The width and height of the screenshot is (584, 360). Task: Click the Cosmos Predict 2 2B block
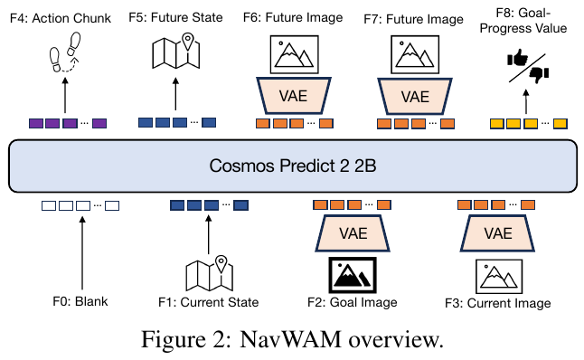pos(293,166)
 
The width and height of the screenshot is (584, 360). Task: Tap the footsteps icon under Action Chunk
pos(65,52)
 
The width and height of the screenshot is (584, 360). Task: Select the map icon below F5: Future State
pos(175,51)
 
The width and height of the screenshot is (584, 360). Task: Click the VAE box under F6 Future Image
pos(293,96)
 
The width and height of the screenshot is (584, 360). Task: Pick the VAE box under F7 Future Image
pos(415,97)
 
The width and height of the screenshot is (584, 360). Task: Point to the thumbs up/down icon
pos(528,68)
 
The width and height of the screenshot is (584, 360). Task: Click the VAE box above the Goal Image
pos(353,233)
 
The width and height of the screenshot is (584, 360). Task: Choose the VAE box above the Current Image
pos(497,233)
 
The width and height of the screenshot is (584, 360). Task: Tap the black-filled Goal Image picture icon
pos(353,275)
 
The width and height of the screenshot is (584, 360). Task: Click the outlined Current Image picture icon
pos(499,277)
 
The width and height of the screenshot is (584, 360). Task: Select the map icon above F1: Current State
pos(210,273)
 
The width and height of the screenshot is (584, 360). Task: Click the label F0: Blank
pos(80,301)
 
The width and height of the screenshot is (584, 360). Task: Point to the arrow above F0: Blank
pos(82,253)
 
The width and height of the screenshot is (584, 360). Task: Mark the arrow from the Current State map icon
pos(208,234)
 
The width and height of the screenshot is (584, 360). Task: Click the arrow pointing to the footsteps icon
pos(65,95)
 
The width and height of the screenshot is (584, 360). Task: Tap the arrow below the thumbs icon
pos(526,101)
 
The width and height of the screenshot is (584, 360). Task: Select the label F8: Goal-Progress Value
pos(523,21)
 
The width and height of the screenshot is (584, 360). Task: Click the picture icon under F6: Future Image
pos(294,54)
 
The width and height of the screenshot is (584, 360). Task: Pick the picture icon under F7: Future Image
pos(415,55)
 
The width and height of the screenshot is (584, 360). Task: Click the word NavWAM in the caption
pos(290,339)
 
